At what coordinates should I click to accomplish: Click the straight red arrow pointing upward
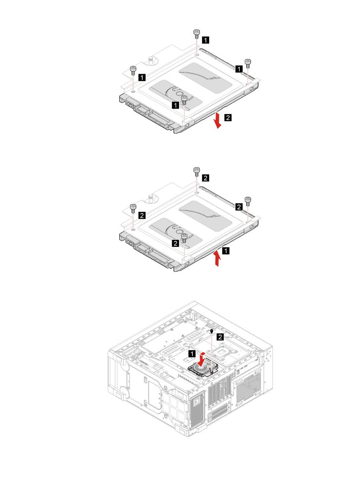(217, 259)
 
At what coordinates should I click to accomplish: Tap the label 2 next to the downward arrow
(227, 117)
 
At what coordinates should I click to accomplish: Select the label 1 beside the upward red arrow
(226, 251)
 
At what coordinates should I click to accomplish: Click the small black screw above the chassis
(211, 332)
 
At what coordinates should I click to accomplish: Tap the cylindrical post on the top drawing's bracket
(150, 59)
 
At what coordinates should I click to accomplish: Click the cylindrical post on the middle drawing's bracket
(150, 197)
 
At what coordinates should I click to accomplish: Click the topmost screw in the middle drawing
(196, 171)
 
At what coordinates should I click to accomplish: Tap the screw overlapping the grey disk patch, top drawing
(184, 100)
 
